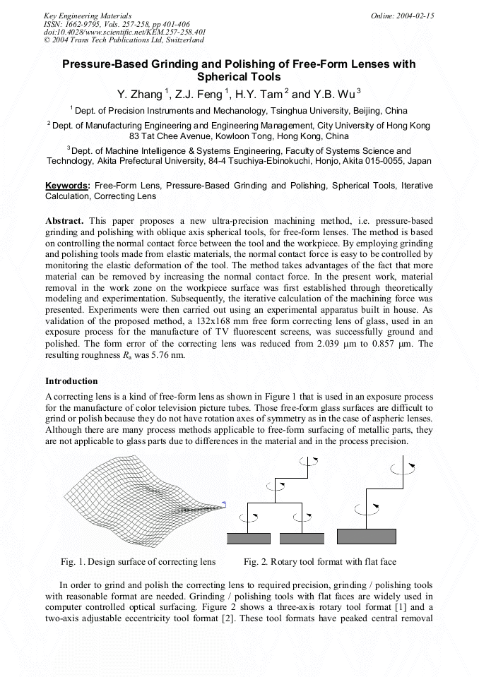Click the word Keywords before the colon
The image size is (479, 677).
click(x=67, y=186)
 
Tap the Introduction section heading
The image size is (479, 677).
click(x=71, y=381)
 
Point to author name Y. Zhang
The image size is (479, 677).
click(x=139, y=94)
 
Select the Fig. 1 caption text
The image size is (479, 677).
click(x=138, y=562)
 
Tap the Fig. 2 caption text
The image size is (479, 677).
click(x=319, y=562)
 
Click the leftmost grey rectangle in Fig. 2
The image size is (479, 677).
click(x=249, y=539)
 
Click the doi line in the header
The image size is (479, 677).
click(x=125, y=32)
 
